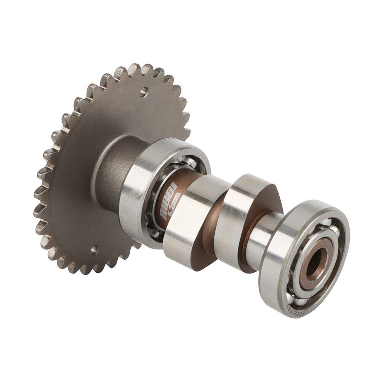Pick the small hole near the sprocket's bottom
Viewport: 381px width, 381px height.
pos(93,250)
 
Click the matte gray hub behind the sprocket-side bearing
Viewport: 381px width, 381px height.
pos(110,168)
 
